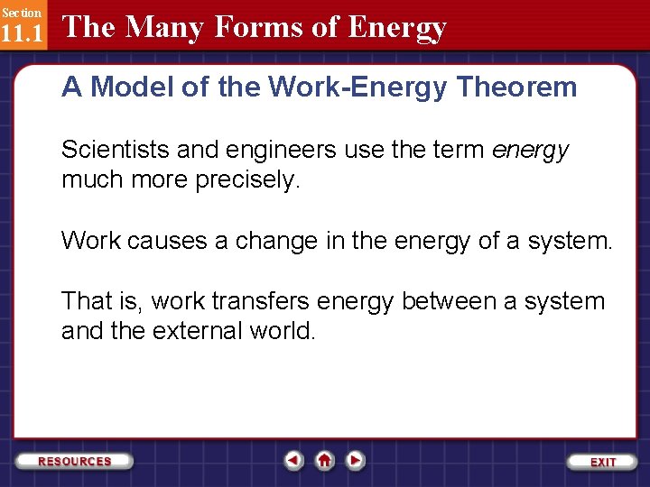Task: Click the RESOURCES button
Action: [75, 461]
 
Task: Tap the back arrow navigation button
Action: [293, 461]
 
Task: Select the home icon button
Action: [325, 461]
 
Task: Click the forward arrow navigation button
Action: [356, 461]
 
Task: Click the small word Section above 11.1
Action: [21, 13]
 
